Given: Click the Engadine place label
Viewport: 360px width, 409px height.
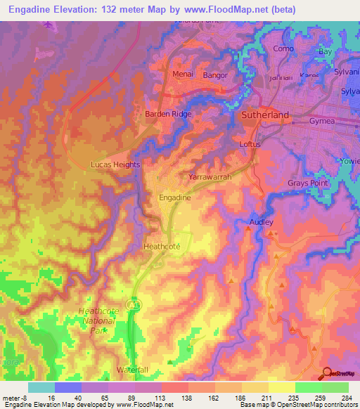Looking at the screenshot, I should click(176, 198).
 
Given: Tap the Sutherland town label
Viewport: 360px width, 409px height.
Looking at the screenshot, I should click(265, 114).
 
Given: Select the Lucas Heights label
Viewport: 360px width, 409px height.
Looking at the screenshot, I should click(116, 164).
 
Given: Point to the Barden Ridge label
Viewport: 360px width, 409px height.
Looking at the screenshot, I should click(168, 113).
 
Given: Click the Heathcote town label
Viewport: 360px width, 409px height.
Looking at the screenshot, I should click(162, 247).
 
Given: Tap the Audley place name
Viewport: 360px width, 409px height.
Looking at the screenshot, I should click(261, 222).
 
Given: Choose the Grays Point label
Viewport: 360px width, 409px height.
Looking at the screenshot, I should click(308, 183).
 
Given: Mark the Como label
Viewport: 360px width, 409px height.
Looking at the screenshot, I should click(283, 48).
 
